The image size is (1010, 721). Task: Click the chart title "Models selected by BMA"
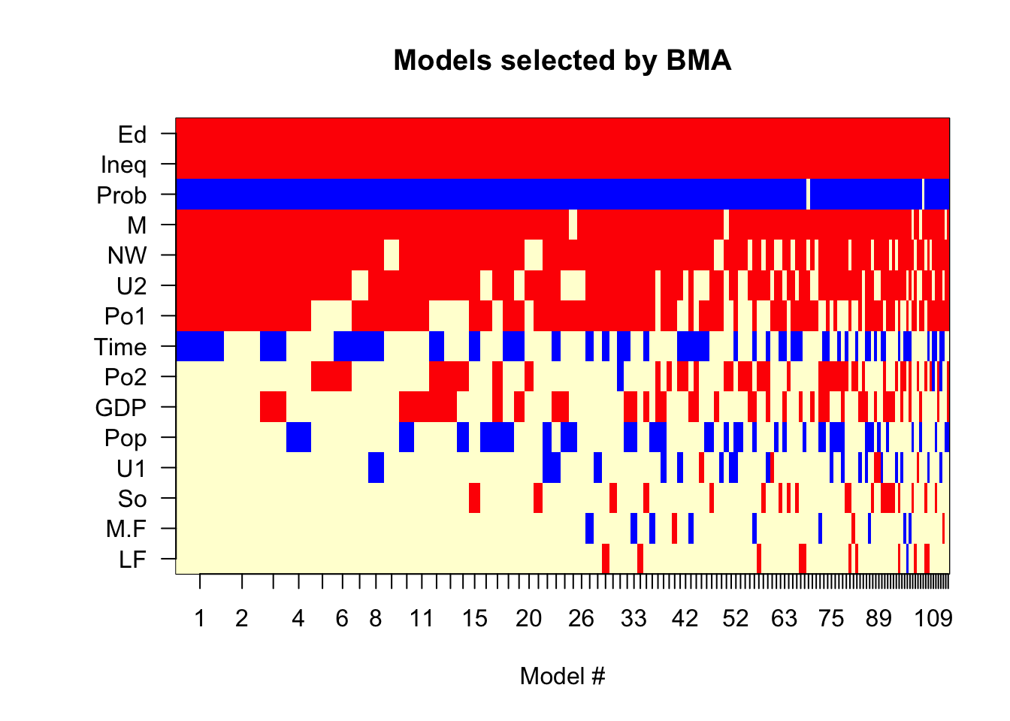tap(562, 60)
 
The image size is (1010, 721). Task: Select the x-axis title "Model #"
tap(562, 676)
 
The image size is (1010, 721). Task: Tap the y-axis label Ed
tap(132, 134)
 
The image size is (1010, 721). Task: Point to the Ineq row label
tap(123, 165)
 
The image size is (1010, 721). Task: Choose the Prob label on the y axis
tap(122, 195)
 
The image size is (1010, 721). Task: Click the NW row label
tap(127, 255)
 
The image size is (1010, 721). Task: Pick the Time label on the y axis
tap(120, 347)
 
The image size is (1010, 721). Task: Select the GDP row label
tap(121, 407)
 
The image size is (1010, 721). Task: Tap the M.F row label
tap(126, 529)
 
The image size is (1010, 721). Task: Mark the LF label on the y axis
tap(132, 560)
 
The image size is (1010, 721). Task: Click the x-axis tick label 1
tap(200, 618)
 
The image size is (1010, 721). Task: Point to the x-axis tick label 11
tap(422, 618)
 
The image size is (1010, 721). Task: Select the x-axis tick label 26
tap(581, 618)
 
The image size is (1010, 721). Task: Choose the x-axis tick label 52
tap(736, 618)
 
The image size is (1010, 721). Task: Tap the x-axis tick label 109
tap(933, 618)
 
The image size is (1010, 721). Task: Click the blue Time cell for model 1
tap(200, 346)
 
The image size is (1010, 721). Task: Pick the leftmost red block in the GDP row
tap(274, 406)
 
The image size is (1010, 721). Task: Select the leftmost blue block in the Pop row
tap(298, 436)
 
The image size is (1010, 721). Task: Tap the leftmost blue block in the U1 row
tap(376, 467)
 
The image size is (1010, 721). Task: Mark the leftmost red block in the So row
tap(474, 497)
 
